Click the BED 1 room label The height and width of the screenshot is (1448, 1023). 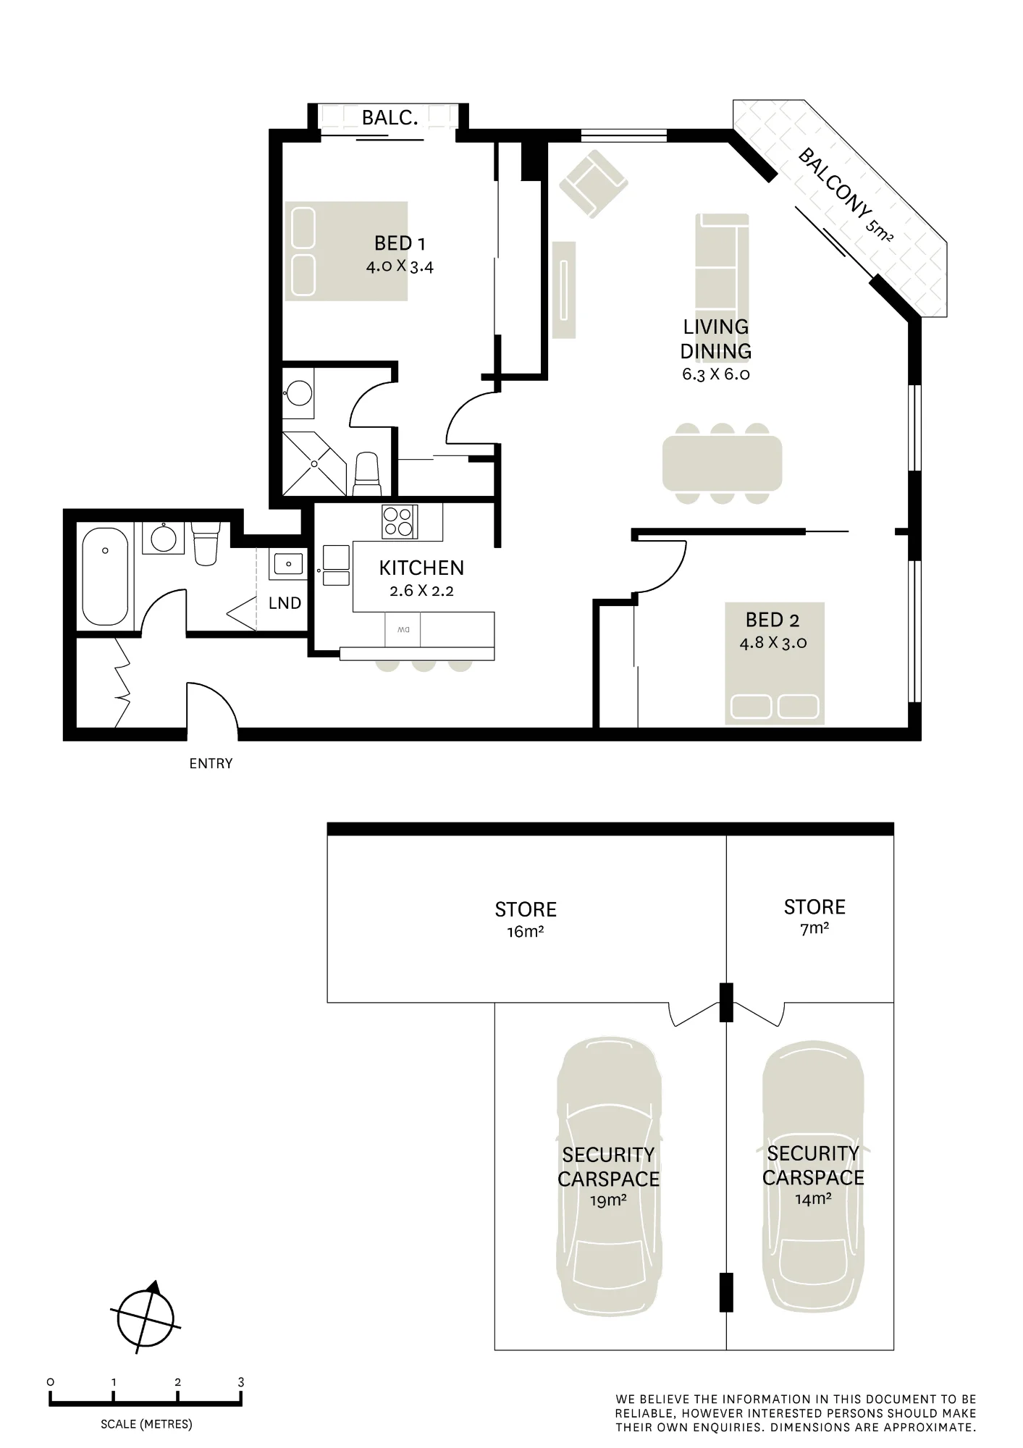[400, 243]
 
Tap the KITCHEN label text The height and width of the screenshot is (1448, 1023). [421, 568]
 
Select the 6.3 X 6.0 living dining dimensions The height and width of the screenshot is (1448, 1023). [715, 374]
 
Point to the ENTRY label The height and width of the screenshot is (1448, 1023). [211, 763]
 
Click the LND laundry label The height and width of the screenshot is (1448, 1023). [285, 603]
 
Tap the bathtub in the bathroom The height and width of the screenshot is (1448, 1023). [106, 576]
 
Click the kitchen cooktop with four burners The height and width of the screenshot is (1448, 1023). [400, 521]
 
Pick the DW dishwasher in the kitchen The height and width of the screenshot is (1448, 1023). [403, 629]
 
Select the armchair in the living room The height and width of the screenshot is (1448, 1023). [594, 183]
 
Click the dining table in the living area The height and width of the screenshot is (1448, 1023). [722, 463]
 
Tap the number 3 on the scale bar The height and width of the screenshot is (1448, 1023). [241, 1381]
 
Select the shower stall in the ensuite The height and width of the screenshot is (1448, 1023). [315, 463]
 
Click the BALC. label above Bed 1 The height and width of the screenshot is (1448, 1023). [390, 117]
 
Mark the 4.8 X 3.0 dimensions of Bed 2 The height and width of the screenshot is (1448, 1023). [773, 642]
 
